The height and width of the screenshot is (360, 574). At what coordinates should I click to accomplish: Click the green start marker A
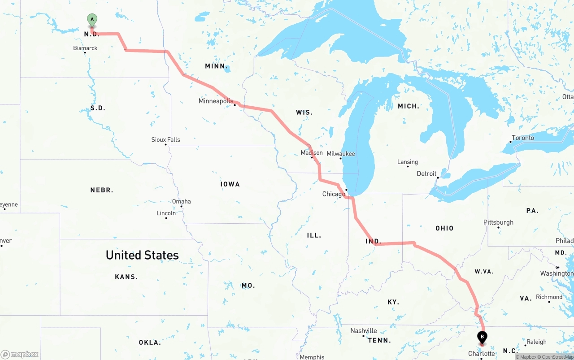pyautogui.click(x=92, y=20)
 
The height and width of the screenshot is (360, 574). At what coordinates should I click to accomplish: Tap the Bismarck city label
pyautogui.click(x=85, y=48)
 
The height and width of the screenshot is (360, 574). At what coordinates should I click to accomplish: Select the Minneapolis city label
pyautogui.click(x=216, y=101)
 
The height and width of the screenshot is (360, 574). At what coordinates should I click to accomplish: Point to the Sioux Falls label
pyautogui.click(x=165, y=140)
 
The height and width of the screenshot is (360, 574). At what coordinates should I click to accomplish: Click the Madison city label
pyautogui.click(x=312, y=153)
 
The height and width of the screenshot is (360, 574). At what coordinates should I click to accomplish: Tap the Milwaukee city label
pyautogui.click(x=341, y=154)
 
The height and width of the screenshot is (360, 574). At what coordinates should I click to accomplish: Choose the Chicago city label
pyautogui.click(x=334, y=194)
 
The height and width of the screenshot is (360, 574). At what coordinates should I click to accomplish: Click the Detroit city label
pyautogui.click(x=426, y=173)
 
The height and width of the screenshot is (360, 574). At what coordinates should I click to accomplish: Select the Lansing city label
pyautogui.click(x=408, y=162)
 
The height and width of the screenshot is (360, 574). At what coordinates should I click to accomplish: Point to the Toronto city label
pyautogui.click(x=523, y=138)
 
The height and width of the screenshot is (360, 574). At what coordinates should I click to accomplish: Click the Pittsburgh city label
pyautogui.click(x=498, y=222)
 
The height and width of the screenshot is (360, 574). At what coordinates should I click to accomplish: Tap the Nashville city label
pyautogui.click(x=364, y=331)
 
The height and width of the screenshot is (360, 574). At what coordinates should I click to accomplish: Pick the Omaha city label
pyautogui.click(x=182, y=201)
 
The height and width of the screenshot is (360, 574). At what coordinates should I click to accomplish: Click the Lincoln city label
pyautogui.click(x=166, y=213)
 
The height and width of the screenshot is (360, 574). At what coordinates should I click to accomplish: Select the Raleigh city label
pyautogui.click(x=536, y=342)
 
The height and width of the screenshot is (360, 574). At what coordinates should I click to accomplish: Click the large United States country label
pyautogui.click(x=142, y=255)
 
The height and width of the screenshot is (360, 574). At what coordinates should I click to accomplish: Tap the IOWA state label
pyautogui.click(x=230, y=184)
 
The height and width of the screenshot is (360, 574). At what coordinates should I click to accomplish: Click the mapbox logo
pyautogui.click(x=20, y=354)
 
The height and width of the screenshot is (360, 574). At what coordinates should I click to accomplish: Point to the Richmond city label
pyautogui.click(x=549, y=297)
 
